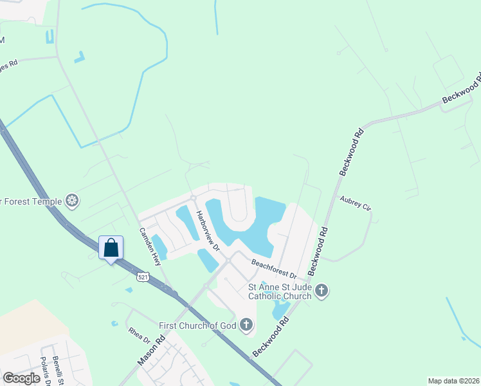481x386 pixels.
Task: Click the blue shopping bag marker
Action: tap(111, 248)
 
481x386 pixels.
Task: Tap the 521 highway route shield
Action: tap(144, 276)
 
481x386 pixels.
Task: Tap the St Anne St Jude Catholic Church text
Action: tap(280, 291)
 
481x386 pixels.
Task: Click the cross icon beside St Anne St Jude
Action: tap(322, 292)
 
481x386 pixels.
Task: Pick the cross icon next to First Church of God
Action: tap(246, 326)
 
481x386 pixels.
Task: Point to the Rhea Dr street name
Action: tap(138, 335)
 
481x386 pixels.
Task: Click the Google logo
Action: tap(21, 378)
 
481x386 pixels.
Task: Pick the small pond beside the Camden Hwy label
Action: tap(158, 247)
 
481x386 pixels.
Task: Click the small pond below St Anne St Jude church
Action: tap(280, 309)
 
